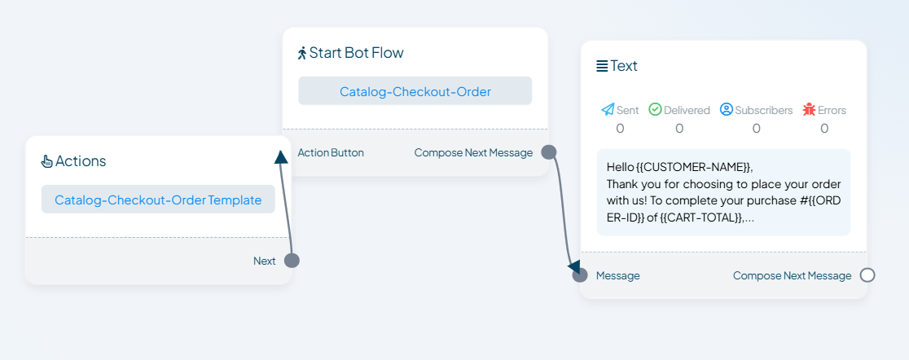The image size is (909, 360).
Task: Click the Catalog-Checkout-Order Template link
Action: tap(158, 200)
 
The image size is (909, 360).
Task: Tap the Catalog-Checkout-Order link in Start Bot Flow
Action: tap(415, 91)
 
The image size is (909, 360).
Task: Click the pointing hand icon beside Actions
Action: tap(47, 161)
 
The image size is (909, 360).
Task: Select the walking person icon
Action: tap(302, 53)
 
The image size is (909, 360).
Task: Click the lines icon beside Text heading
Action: tap(602, 66)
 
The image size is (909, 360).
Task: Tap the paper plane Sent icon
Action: tap(608, 110)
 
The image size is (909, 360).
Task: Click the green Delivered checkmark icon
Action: tap(655, 110)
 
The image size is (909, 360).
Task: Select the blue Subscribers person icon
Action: tap(727, 110)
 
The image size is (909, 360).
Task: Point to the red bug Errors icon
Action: tap(810, 110)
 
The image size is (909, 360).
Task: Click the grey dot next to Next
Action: tap(292, 261)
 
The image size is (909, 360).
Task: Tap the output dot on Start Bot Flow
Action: tap(548, 152)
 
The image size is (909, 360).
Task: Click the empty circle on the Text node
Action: tap(867, 275)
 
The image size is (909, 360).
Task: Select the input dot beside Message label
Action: tap(580, 275)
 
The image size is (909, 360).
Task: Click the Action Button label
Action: tap(331, 153)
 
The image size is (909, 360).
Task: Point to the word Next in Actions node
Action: tap(265, 261)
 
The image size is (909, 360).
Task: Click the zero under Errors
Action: tap(824, 128)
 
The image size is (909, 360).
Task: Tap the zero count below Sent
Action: tap(620, 128)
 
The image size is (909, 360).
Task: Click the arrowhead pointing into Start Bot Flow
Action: tap(280, 157)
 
